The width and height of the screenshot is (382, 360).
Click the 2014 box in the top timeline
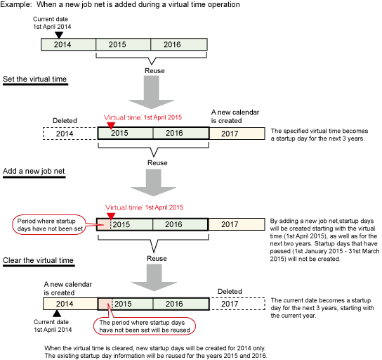68,44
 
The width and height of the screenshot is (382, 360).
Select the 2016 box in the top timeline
179,44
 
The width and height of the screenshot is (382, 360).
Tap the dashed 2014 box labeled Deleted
70,134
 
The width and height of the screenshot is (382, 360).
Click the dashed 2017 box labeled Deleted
237,304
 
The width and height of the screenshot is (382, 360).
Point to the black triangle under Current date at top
59,35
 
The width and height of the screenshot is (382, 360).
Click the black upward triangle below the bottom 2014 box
57,314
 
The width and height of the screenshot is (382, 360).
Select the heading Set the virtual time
35,79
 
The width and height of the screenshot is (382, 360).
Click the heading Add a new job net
34,172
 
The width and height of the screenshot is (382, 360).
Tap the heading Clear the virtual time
38,260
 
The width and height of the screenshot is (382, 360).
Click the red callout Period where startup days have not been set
48,224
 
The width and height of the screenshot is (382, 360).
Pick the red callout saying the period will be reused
145,326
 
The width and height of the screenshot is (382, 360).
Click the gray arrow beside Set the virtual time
151,92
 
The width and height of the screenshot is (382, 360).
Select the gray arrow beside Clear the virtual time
154,278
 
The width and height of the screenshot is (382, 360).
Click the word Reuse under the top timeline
154,71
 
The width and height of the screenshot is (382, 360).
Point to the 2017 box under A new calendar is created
237,134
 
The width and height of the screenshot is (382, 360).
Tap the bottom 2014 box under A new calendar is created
70,304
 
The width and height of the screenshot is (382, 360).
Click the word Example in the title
16,4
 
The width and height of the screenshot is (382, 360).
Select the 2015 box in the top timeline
124,44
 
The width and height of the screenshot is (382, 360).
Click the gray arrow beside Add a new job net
154,183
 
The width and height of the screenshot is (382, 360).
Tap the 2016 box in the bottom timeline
181,304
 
